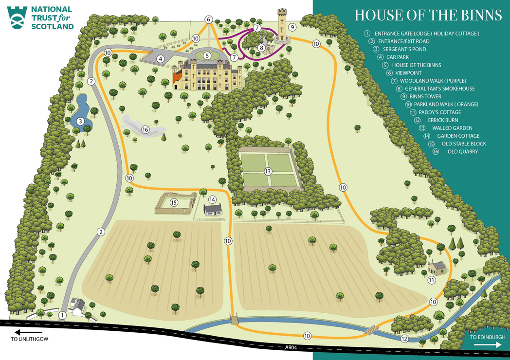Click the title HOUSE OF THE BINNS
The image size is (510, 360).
pos(428,15)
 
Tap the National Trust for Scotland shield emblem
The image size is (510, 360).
pos(18,18)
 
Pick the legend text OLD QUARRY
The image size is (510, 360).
pos(462,152)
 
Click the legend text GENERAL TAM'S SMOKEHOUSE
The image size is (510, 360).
pos(442,89)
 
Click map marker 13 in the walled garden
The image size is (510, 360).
pos(267,171)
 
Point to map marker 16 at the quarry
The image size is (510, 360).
pos(145,129)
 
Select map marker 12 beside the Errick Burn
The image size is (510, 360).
pos(404,339)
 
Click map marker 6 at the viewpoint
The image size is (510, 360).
pos(209,19)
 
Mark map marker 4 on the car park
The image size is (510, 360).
pos(161,59)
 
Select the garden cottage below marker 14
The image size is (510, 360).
pos(213,210)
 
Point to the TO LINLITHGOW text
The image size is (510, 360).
pos(30,339)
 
